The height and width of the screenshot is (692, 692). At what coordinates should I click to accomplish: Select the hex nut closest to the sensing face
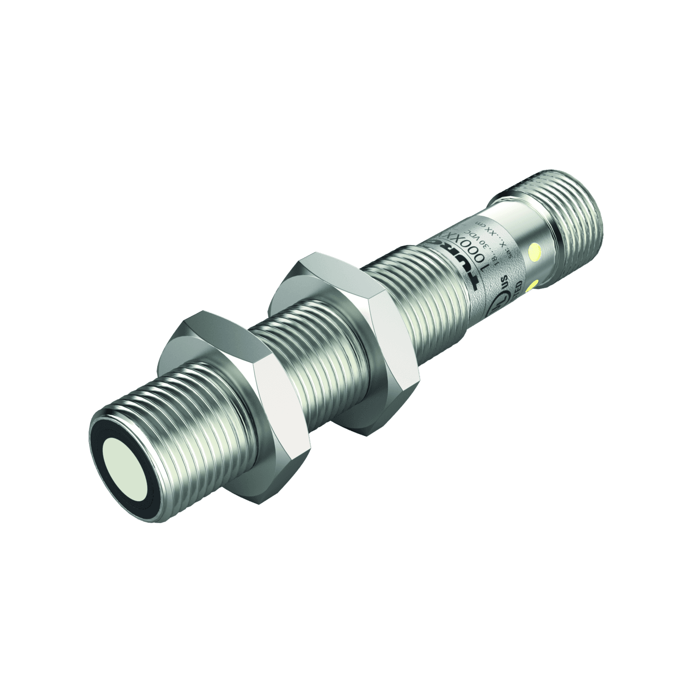[x=232, y=376]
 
